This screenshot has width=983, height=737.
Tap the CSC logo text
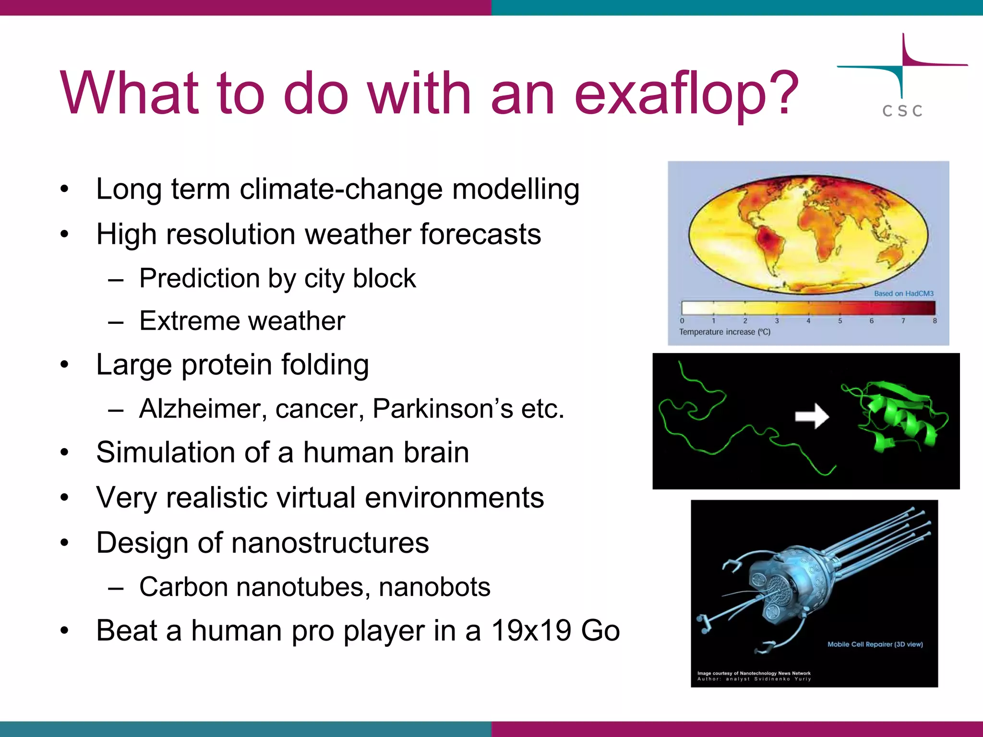(902, 111)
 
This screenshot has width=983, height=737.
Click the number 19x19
(531, 630)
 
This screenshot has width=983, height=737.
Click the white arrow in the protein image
(812, 416)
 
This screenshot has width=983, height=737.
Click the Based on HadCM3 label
(903, 293)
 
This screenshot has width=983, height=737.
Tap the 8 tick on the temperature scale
(935, 321)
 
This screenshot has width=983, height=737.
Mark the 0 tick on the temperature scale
(682, 321)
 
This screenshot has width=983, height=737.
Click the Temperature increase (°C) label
(724, 332)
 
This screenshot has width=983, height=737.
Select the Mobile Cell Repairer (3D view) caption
(875, 644)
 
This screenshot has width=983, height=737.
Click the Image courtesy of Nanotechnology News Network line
(754, 673)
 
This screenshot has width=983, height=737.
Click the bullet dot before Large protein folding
(65, 365)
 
